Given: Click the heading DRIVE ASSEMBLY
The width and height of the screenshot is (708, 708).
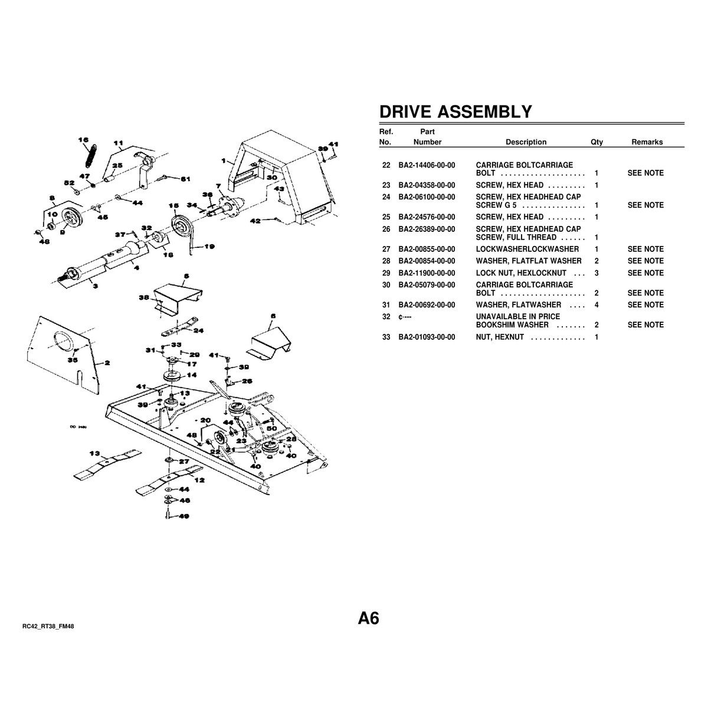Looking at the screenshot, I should pos(455,112).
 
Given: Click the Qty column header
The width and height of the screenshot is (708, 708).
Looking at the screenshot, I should pos(596,142).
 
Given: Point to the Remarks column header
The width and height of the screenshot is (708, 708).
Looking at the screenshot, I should pos(647,142).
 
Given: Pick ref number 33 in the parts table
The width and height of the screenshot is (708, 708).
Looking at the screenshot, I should pos(386,337).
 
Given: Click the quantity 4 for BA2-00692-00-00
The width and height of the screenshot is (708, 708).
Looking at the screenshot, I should pos(597,305).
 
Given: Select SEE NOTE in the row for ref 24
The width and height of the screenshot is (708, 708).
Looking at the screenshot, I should pos(645,205).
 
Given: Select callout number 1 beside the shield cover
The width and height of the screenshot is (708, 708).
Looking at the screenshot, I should pos(224,160).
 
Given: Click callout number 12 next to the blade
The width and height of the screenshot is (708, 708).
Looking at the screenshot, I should pos(199,480).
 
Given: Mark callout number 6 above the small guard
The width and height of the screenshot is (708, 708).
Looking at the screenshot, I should pos(273,316).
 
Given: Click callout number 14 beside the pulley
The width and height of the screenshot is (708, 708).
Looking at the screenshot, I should pos(192,375).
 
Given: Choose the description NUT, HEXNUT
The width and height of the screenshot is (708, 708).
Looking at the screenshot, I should pos(500,337).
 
